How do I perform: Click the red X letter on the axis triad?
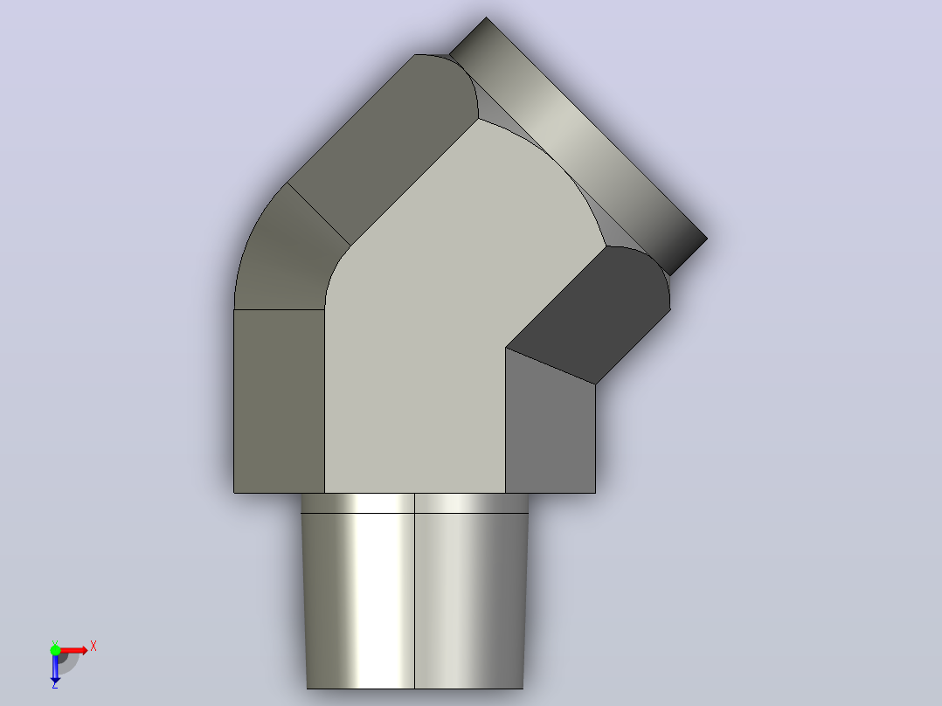94,647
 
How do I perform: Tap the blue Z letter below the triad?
55,684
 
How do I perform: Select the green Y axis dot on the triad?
55,649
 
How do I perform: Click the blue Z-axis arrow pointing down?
55,667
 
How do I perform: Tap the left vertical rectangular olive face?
280,401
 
